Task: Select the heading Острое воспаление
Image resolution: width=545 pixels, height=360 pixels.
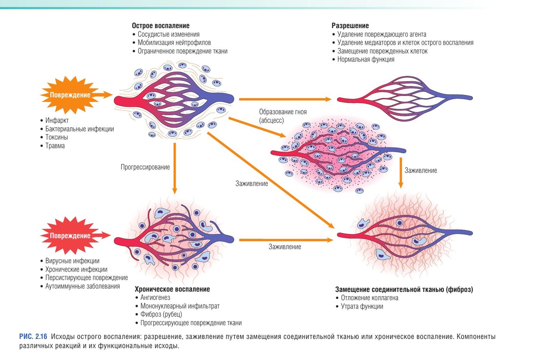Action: coord(160,26)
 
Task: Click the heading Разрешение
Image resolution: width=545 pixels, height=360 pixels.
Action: coord(350,26)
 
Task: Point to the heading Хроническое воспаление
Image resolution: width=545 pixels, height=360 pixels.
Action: coord(172,289)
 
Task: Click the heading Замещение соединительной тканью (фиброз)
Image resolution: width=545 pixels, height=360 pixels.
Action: coord(404,290)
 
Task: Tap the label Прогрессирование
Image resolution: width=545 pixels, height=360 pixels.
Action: coord(145,167)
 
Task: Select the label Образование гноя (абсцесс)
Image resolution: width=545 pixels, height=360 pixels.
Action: coord(283,116)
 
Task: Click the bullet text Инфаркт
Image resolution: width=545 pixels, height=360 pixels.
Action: coord(57,120)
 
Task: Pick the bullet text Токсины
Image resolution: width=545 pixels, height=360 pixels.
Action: coord(56,137)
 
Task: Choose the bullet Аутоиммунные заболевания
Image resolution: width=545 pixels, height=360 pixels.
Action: coord(83,286)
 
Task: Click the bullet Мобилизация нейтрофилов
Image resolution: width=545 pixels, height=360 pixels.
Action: coord(174,42)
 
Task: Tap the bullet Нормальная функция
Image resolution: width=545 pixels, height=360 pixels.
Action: coord(366,59)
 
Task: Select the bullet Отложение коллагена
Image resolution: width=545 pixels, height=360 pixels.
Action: coord(369,298)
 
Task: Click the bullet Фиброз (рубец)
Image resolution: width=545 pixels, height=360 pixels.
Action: coord(161,314)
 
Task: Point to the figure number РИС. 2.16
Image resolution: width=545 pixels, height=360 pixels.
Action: coord(33,337)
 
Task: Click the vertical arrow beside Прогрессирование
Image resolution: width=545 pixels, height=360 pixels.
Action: coord(175,168)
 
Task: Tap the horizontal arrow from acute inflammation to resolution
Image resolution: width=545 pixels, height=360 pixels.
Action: coord(285,99)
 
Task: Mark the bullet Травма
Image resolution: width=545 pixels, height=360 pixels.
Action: coord(55,146)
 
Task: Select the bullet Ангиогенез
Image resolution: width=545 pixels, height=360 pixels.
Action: coord(155,297)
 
